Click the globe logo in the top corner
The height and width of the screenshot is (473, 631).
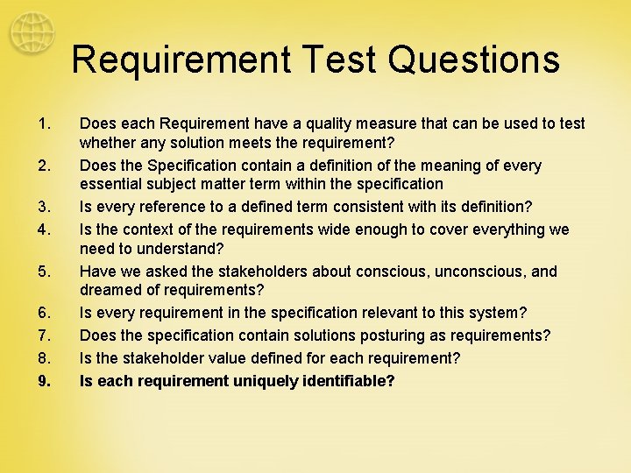[x=32, y=34]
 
